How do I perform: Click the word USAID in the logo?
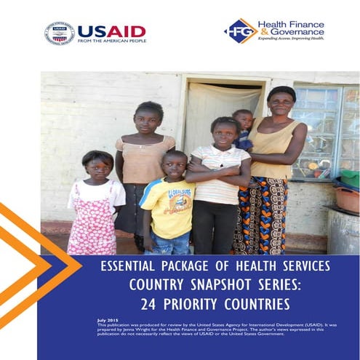click(111, 31)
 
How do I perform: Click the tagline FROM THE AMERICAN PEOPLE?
click(111, 41)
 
